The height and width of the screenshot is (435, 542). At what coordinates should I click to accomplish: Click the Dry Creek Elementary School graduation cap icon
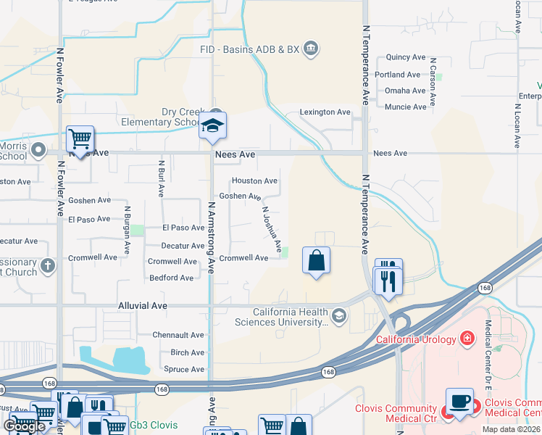[x=213, y=125]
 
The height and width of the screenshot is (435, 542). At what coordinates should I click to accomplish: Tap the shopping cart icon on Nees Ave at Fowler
[x=80, y=138]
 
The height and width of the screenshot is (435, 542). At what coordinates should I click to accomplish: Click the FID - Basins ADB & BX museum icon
[x=311, y=49]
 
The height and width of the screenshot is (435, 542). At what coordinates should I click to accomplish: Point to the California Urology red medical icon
[x=467, y=339]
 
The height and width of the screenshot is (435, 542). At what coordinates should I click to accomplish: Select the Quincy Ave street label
[x=406, y=57]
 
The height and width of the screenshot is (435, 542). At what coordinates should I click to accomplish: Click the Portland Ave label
[x=398, y=75]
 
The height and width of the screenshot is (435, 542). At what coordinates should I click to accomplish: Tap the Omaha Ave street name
[x=406, y=91]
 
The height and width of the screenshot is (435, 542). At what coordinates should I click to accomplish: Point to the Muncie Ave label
[x=406, y=107]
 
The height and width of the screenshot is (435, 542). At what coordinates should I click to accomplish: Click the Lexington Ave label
[x=325, y=112]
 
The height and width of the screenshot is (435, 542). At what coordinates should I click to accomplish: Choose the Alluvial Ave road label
[x=143, y=306]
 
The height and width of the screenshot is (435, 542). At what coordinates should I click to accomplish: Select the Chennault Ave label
[x=178, y=335]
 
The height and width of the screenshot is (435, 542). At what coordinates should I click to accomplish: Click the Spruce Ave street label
[x=183, y=370]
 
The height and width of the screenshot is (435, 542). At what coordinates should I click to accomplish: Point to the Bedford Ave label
[x=171, y=278]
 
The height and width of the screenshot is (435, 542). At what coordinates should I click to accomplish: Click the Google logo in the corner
[x=25, y=426]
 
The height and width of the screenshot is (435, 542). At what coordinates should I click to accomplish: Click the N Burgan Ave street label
[x=127, y=228]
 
